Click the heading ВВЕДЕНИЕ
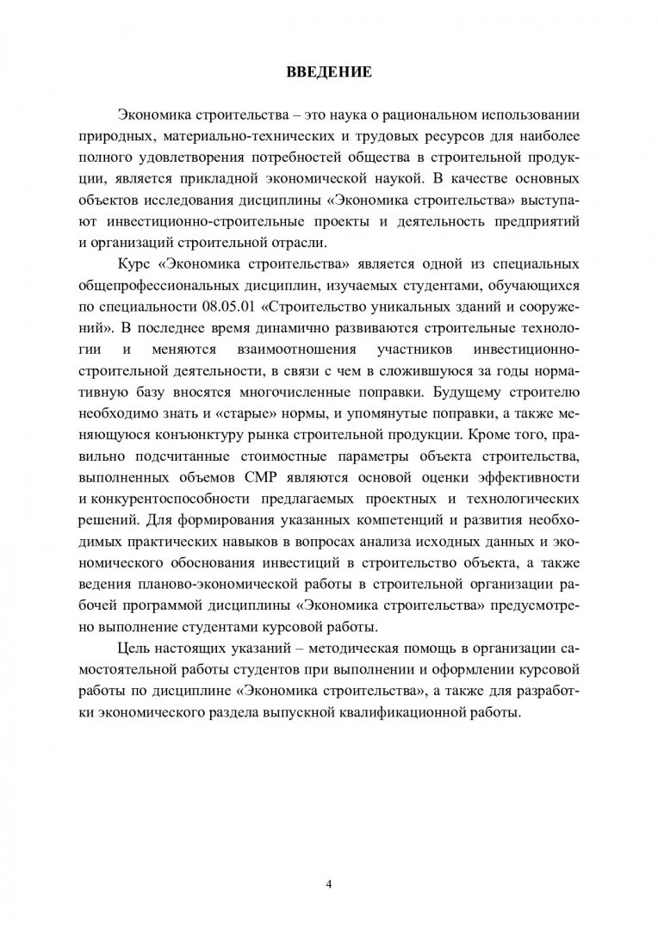(329, 71)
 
